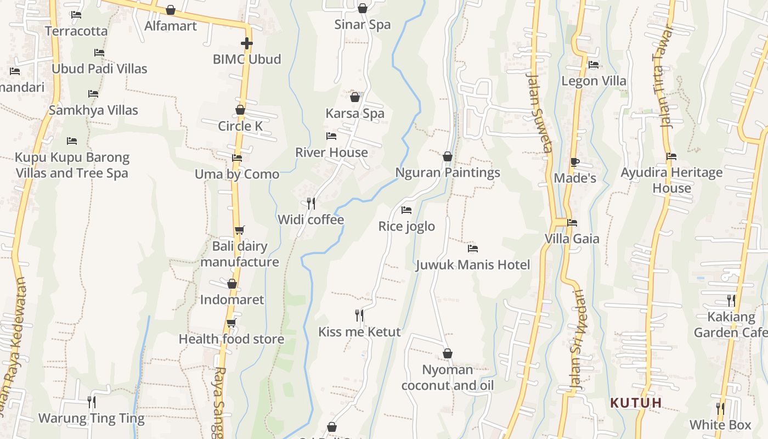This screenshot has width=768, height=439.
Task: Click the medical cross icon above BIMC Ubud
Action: coord(247,43)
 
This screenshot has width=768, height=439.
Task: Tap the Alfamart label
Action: coord(171,26)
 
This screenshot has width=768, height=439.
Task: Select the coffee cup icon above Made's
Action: coord(574,162)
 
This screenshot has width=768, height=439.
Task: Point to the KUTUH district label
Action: coord(636,403)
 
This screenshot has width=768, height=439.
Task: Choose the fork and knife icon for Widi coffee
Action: coord(311,204)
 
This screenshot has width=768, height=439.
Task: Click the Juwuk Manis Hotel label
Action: coord(473,265)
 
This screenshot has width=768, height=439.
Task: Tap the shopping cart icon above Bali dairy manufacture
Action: coord(239,230)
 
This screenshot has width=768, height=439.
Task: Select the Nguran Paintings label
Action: coord(448,172)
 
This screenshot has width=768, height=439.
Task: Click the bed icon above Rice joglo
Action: coord(406,210)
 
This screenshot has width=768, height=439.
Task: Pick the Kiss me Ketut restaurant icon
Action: coord(359,316)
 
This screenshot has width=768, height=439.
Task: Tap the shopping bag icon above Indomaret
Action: coord(232,284)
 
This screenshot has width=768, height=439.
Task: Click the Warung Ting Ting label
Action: coord(91,418)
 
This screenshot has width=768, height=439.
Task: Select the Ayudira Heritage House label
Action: coord(671,180)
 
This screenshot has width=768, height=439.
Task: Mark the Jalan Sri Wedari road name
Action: coord(578,340)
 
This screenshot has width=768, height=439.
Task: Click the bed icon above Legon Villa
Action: coord(594,65)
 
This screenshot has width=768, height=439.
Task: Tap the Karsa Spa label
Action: coord(355,114)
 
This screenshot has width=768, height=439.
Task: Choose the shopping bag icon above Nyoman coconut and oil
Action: coord(448,353)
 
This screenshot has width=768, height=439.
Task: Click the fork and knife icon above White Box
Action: coord(720,409)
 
